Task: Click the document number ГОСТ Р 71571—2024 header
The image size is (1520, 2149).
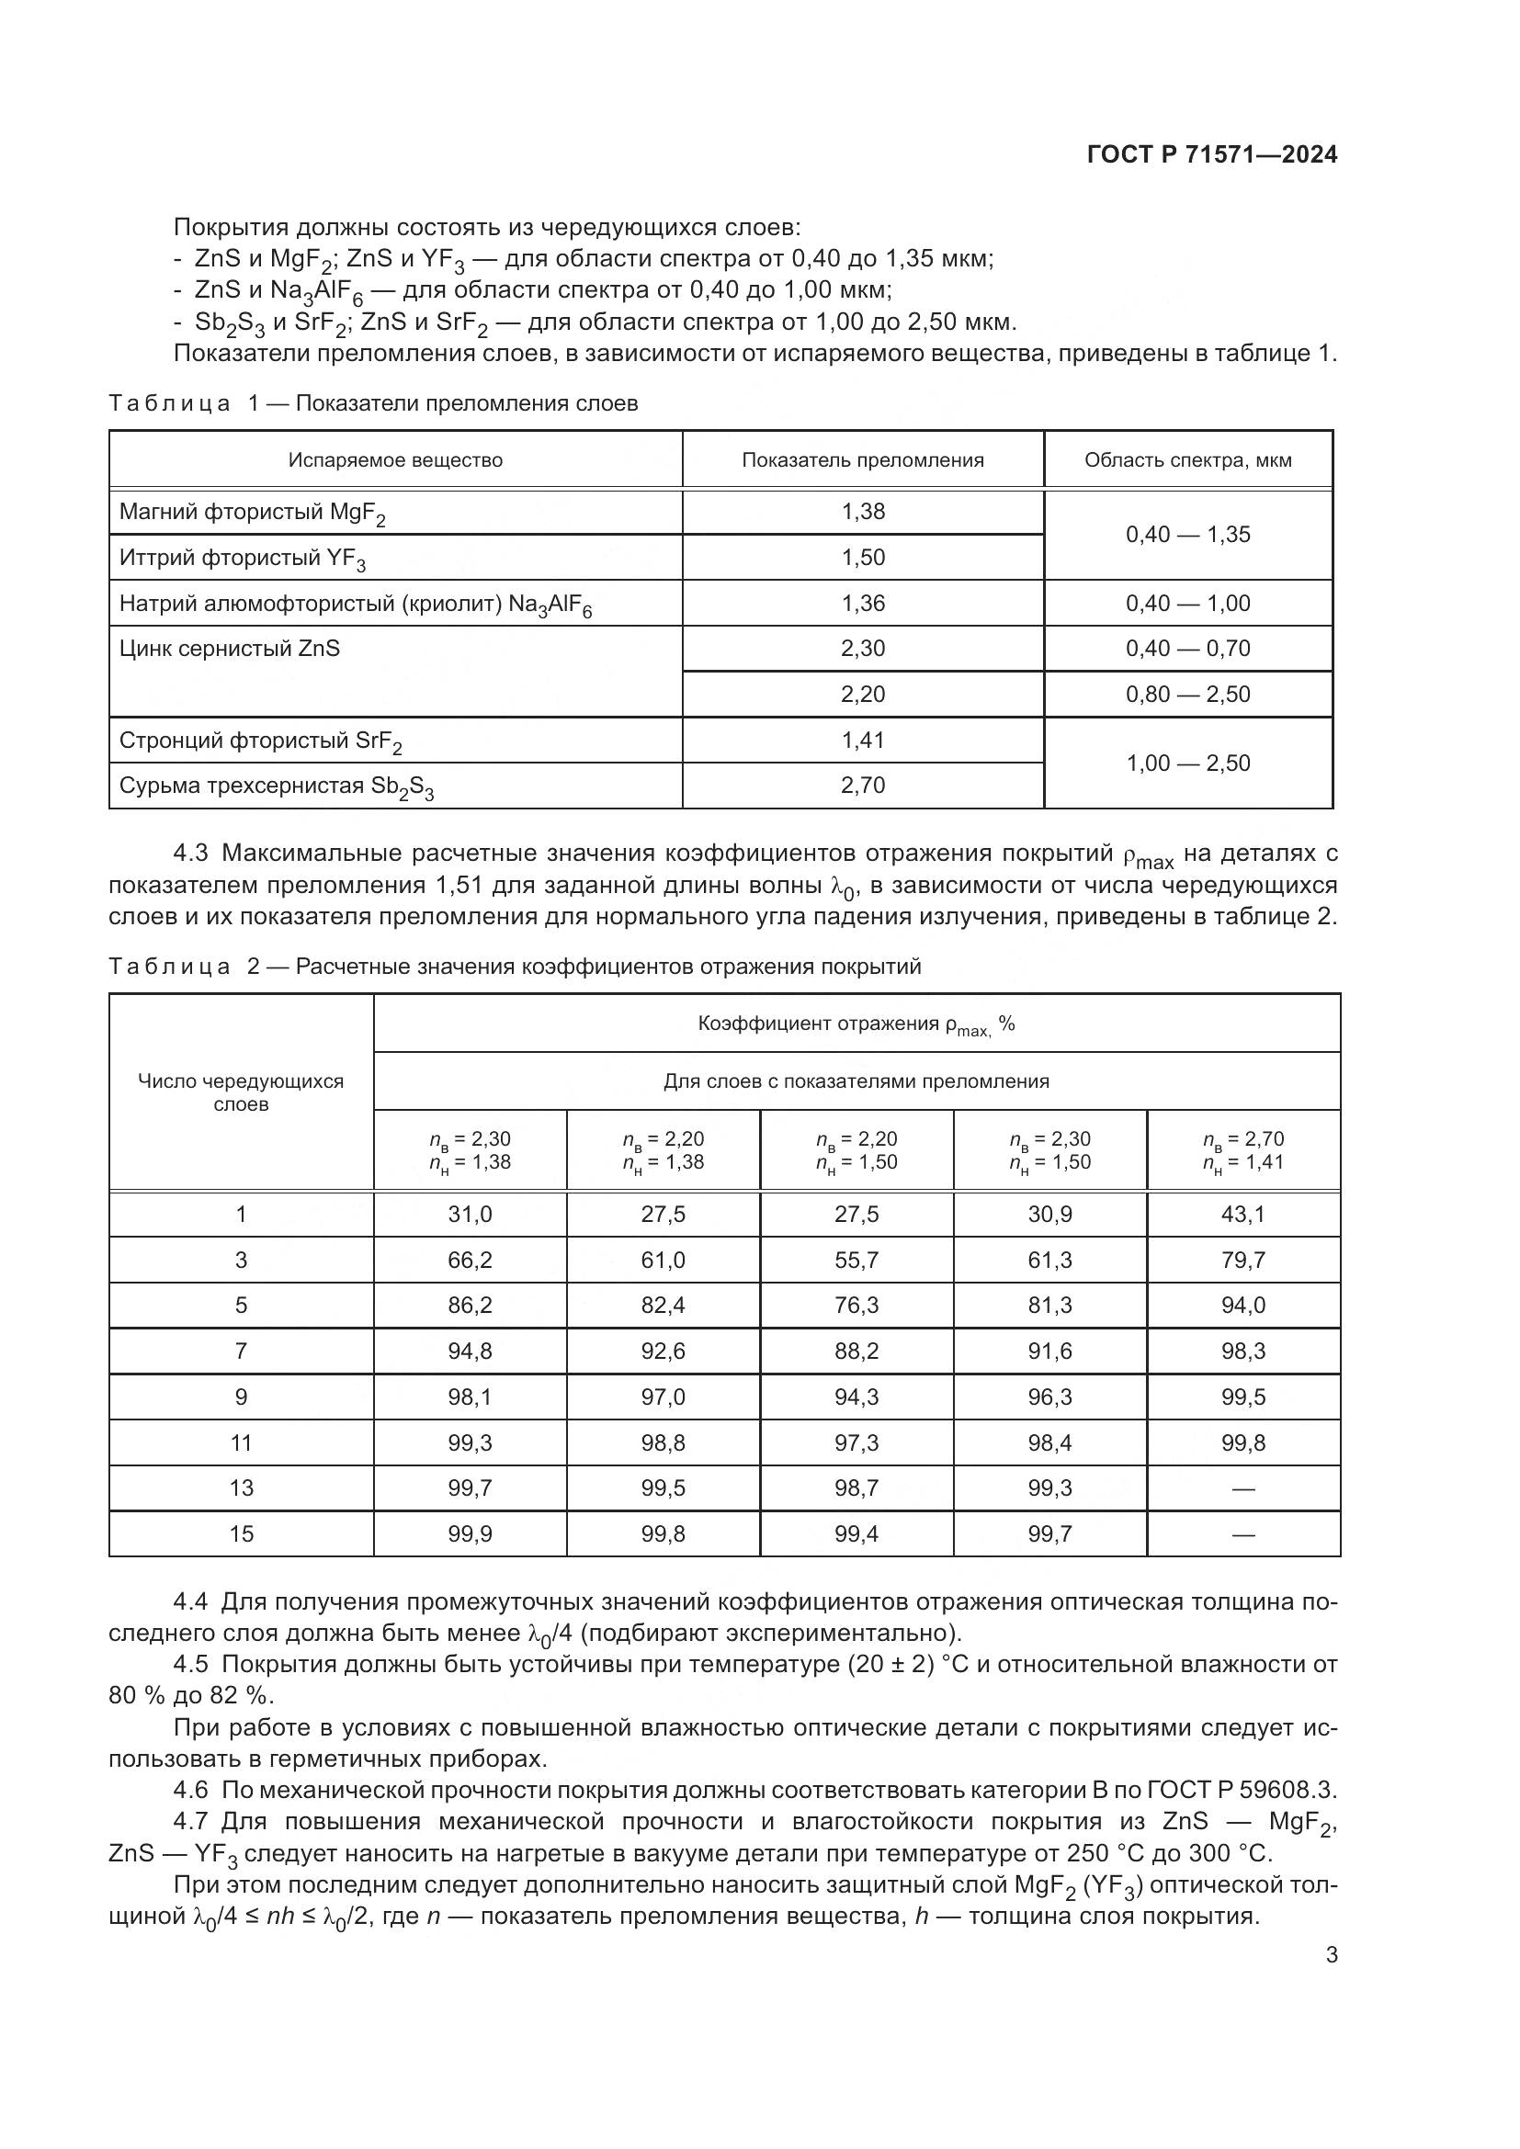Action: coord(1212,155)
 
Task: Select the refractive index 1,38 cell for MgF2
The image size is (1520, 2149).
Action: coord(862,512)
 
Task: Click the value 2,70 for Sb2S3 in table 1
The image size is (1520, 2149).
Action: coord(862,786)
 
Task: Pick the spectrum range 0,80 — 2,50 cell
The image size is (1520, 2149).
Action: coord(1187,695)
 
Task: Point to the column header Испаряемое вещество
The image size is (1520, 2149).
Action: coord(395,460)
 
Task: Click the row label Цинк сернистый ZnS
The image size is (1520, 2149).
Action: coord(230,649)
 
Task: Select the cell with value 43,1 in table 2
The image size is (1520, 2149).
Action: coord(1243,1215)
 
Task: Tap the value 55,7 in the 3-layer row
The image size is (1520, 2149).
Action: coord(856,1261)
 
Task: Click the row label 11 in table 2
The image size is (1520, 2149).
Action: coord(242,1443)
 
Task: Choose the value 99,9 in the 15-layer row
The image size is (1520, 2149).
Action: coord(470,1534)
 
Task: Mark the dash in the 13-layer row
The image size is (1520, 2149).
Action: coord(1243,1489)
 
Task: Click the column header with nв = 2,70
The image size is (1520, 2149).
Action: coord(1243,1150)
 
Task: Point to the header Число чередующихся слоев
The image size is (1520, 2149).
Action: coord(242,1092)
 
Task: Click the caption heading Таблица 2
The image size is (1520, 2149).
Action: coord(169,967)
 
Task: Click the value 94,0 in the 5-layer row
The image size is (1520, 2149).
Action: coord(1243,1306)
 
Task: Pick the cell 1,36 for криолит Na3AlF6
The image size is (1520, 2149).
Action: coord(862,604)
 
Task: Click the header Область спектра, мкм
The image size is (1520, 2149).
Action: coord(1187,460)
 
